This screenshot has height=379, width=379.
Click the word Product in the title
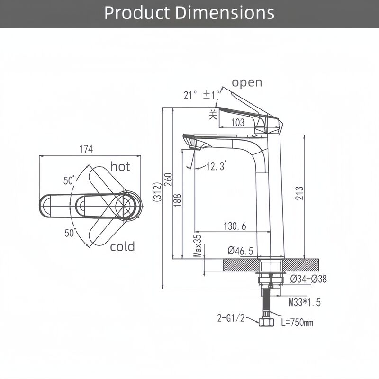[137, 13]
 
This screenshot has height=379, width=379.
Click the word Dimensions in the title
[225, 13]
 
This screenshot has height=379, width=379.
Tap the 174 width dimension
[86, 150]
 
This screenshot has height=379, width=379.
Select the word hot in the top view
[120, 166]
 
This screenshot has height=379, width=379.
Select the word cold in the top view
[122, 246]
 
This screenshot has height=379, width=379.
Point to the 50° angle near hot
[69, 180]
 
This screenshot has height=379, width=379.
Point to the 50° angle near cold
[70, 233]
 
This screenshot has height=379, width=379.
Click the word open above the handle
[246, 82]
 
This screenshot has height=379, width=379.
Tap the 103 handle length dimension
[238, 123]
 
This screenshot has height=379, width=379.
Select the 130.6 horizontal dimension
[235, 226]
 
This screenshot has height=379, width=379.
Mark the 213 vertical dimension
[299, 192]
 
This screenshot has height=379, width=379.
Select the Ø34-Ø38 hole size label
[308, 279]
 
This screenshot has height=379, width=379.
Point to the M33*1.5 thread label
[304, 302]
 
